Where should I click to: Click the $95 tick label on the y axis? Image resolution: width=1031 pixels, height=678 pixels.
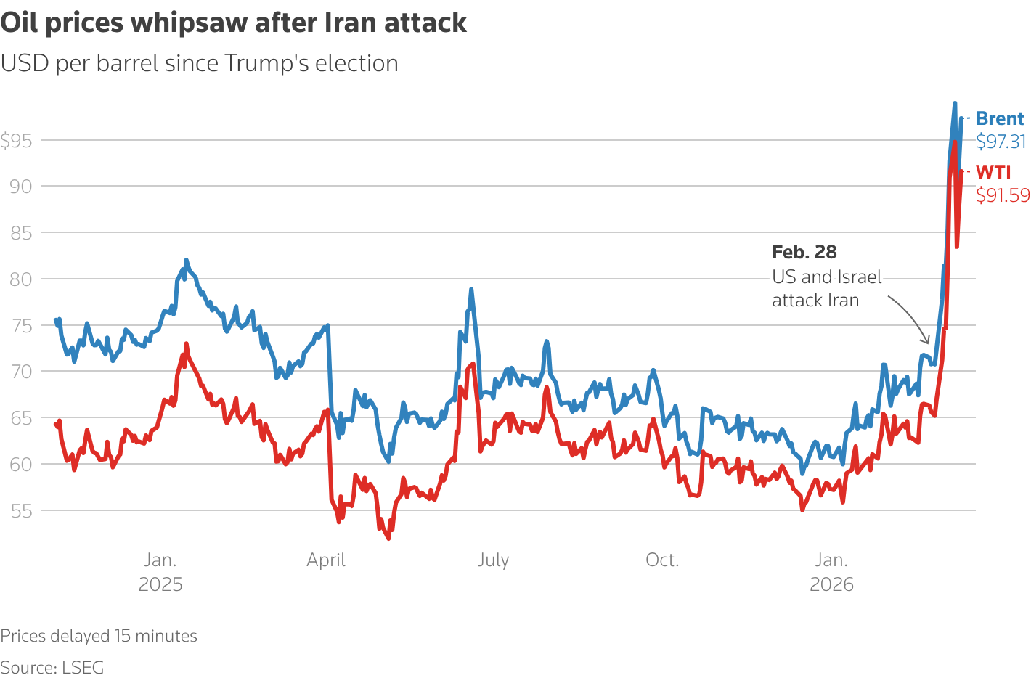(x=17, y=140)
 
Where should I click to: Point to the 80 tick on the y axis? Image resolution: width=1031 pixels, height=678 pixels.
(x=21, y=279)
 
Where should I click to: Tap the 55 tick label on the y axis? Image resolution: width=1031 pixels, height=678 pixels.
(x=21, y=510)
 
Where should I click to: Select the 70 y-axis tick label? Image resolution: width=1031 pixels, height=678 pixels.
(x=21, y=372)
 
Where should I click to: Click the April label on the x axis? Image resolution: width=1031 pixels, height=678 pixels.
(x=326, y=560)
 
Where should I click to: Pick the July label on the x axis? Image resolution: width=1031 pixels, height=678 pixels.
(x=494, y=560)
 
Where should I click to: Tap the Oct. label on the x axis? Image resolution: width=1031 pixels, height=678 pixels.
(x=662, y=560)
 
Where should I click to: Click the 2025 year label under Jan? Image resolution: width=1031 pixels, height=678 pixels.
(x=160, y=584)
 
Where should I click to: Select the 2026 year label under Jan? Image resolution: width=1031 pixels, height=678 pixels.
(x=832, y=584)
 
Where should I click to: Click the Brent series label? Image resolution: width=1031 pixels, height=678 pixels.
(x=1000, y=118)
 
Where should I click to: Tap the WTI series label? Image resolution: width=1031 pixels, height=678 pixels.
(x=993, y=172)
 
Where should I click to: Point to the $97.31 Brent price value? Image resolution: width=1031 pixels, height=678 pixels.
(x=1001, y=142)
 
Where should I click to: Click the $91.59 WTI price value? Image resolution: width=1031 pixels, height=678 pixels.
(x=1003, y=195)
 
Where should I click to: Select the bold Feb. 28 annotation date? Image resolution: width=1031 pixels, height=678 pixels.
(x=804, y=252)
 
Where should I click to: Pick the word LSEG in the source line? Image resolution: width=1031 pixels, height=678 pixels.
(x=83, y=667)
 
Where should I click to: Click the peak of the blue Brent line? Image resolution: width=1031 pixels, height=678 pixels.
(x=955, y=103)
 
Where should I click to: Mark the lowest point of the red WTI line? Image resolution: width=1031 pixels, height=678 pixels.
(x=388, y=539)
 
